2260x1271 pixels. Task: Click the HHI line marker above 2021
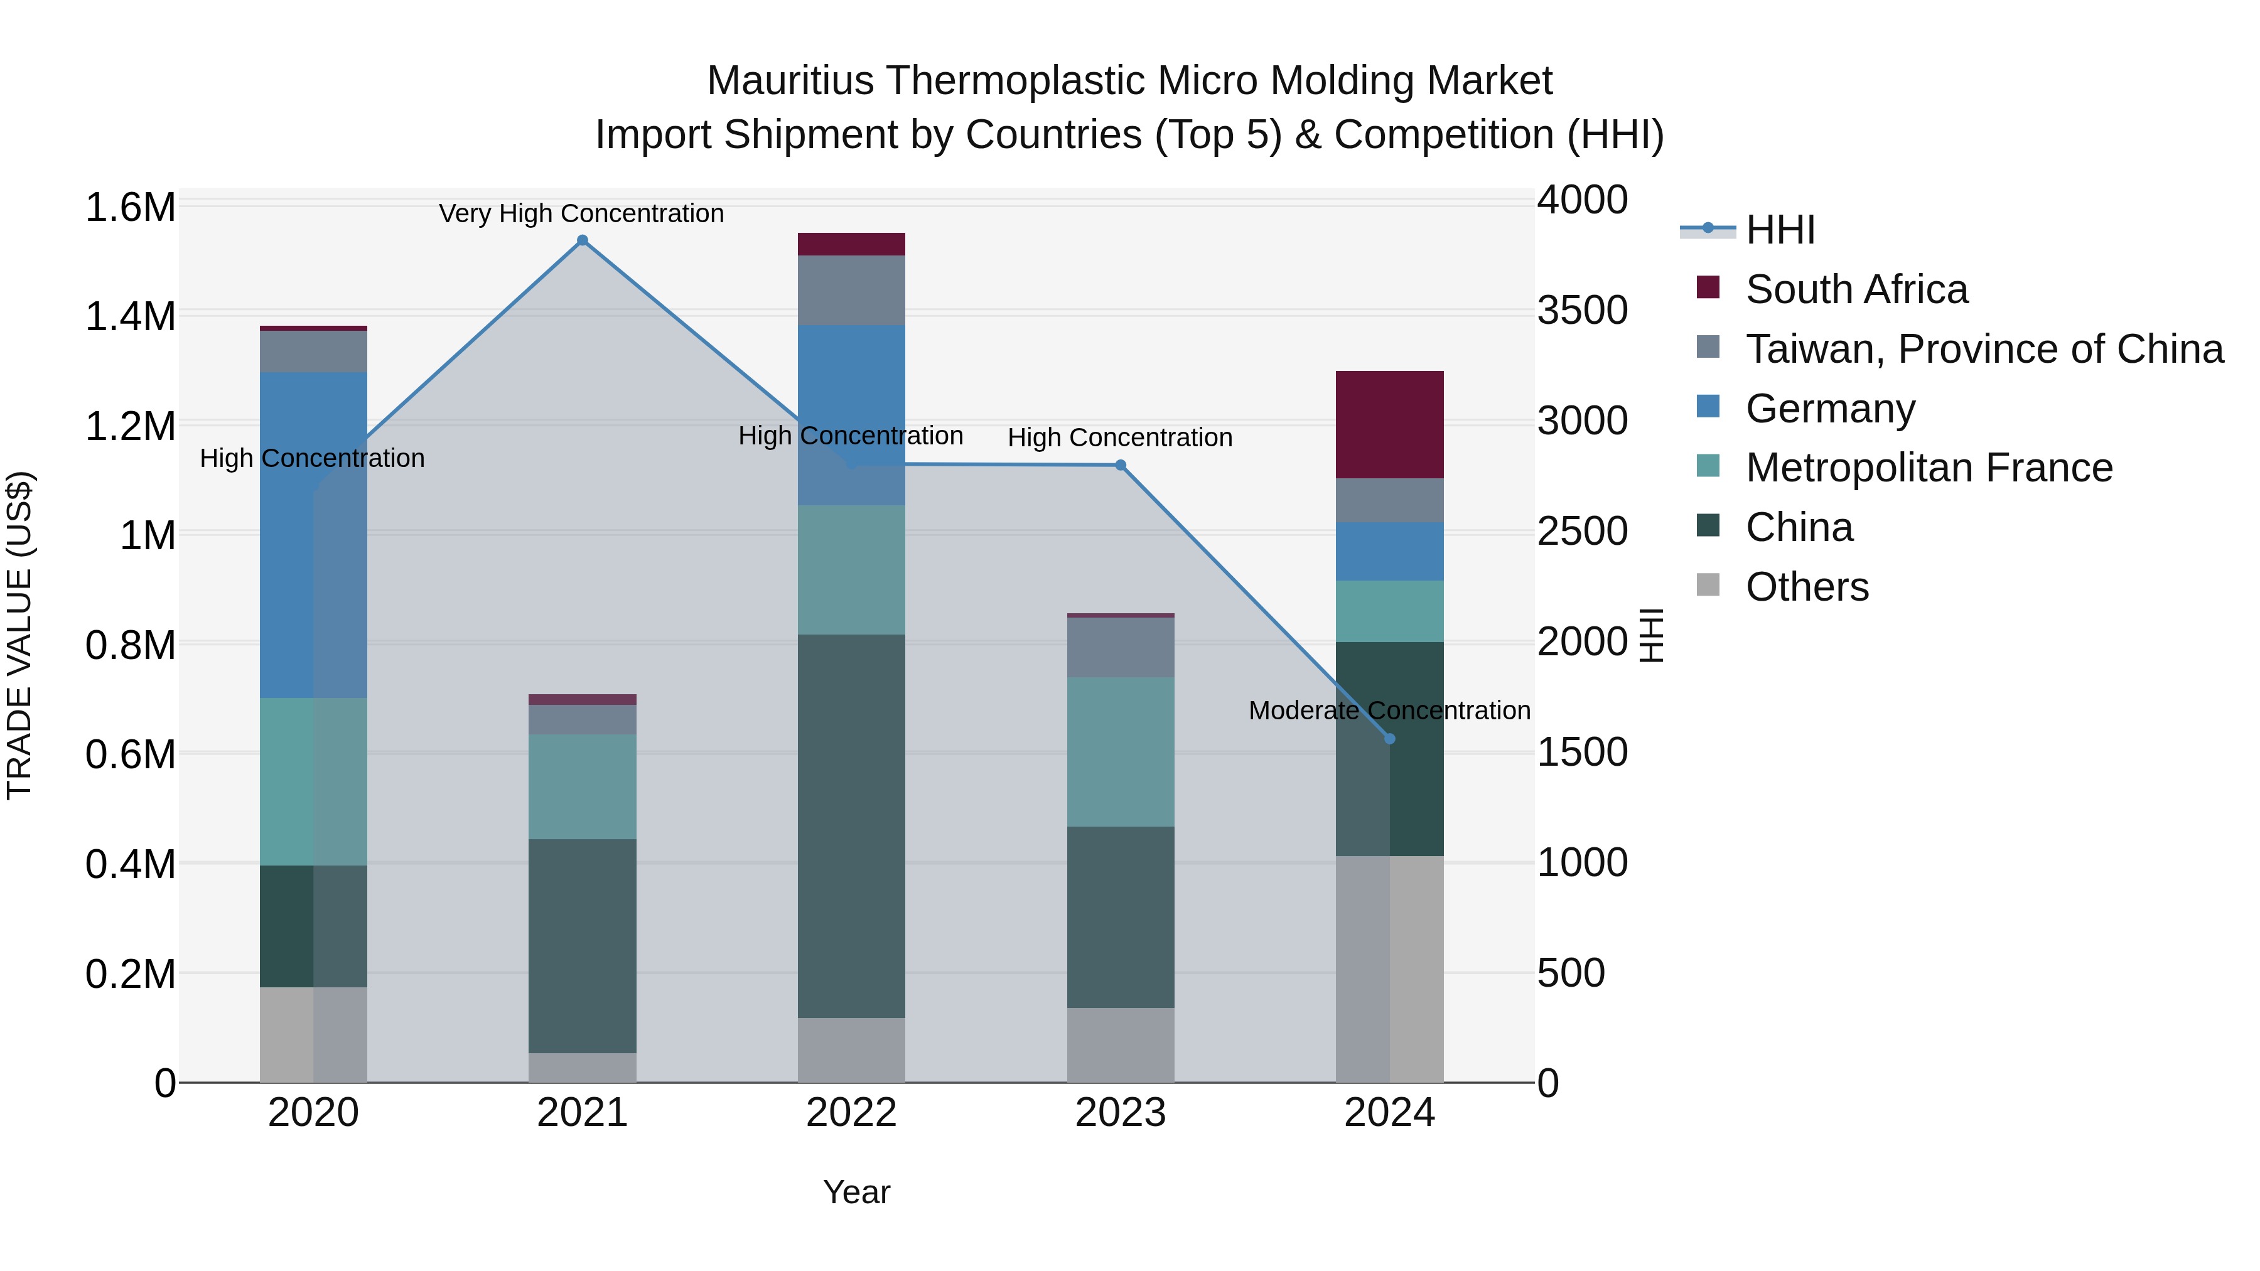click(582, 240)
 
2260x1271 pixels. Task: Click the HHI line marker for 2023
click(1121, 465)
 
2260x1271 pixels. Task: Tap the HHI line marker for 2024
click(1390, 739)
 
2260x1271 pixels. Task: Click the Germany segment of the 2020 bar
click(313, 535)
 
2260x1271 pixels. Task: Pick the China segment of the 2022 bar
click(851, 825)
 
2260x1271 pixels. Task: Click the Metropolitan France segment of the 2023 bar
click(1121, 752)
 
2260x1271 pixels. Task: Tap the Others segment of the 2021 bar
click(582, 1068)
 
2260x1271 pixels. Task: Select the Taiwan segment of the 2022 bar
click(851, 291)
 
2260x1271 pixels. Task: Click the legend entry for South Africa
click(1856, 289)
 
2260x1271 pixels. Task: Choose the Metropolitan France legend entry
click(1929, 468)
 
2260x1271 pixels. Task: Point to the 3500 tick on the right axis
click(1582, 311)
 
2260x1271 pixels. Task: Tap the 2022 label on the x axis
click(851, 1113)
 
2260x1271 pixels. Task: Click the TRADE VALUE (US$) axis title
click(19, 635)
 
